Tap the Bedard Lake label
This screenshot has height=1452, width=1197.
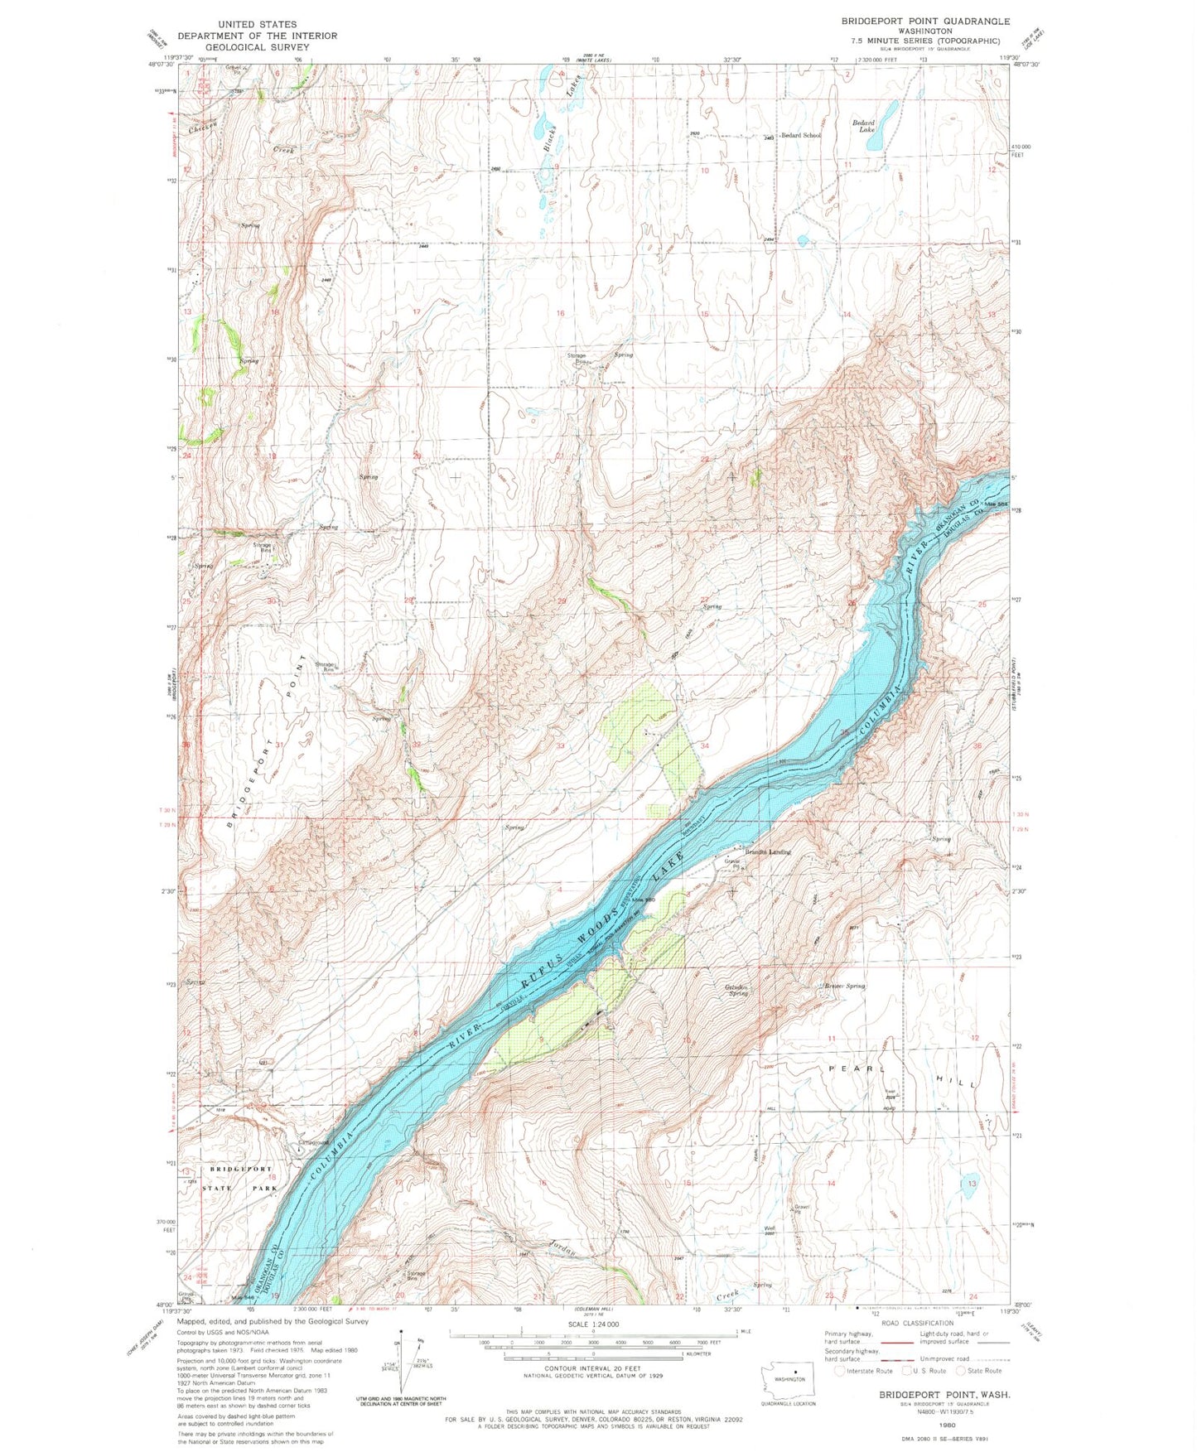tap(865, 126)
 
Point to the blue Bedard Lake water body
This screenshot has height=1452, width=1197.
tap(886, 114)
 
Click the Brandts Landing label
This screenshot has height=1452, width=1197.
tap(768, 851)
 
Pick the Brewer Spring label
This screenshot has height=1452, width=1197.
tap(844, 986)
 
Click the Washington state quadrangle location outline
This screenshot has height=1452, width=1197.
tap(789, 1379)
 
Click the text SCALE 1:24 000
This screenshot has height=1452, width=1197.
tap(593, 1324)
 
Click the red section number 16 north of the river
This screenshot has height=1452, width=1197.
tap(560, 313)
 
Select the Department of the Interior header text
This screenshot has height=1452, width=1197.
tap(257, 36)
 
